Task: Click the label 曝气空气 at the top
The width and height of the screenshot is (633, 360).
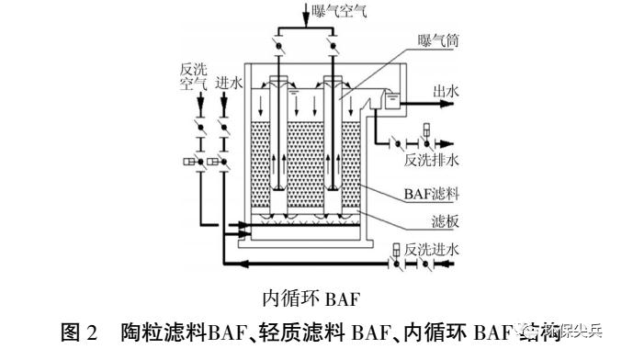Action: pos(341,10)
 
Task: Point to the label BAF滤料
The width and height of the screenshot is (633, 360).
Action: pos(429,195)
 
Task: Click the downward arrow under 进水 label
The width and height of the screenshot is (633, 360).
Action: pos(223,102)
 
